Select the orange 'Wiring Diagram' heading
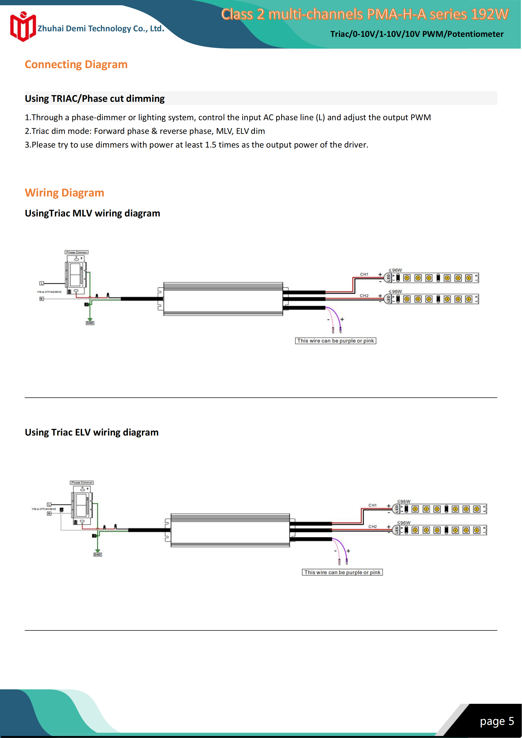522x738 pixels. click(x=64, y=193)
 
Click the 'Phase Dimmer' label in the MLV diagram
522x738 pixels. click(x=77, y=252)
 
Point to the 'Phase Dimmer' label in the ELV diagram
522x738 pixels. click(x=82, y=482)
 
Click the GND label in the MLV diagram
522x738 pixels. click(x=90, y=323)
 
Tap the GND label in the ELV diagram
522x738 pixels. click(x=97, y=554)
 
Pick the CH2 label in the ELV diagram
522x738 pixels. click(x=373, y=527)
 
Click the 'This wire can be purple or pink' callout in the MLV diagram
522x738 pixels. click(x=335, y=341)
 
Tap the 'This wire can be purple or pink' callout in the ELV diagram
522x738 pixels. click(x=342, y=572)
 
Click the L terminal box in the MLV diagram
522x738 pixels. click(x=42, y=284)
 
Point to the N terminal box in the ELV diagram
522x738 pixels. click(x=49, y=514)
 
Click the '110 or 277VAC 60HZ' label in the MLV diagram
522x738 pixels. click(x=49, y=292)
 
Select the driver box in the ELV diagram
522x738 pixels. click(x=230, y=530)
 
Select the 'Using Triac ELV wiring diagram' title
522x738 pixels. click(x=92, y=432)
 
